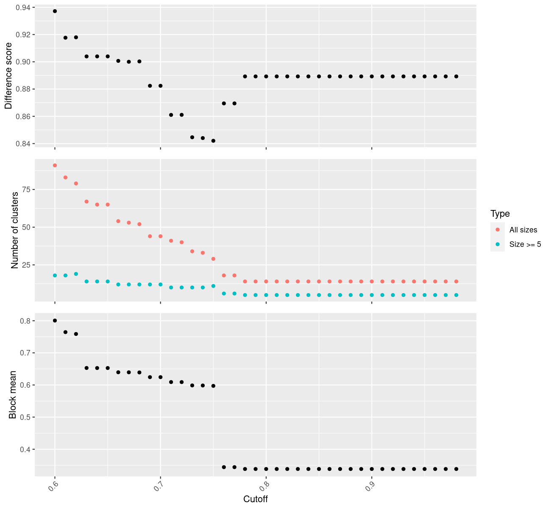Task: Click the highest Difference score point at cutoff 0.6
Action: [x=55, y=11]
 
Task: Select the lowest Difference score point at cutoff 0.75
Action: [x=213, y=141]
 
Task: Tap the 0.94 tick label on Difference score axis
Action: [x=23, y=8]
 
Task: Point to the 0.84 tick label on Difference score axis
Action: [x=23, y=144]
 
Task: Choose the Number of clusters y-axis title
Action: [x=15, y=230]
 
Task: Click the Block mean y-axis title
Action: [x=13, y=394]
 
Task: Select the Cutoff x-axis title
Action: [x=255, y=499]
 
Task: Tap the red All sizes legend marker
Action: [x=498, y=229]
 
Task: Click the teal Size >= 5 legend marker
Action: [x=498, y=244]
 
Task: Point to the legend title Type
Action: [x=500, y=213]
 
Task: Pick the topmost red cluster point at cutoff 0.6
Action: [x=55, y=165]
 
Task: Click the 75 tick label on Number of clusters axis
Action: [x=26, y=190]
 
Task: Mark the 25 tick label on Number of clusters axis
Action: [x=26, y=265]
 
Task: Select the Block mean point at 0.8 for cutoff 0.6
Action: [x=55, y=321]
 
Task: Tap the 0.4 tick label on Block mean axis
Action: [x=25, y=449]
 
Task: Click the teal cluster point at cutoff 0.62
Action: [x=76, y=274]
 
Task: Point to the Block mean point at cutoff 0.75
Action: [x=213, y=386]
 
